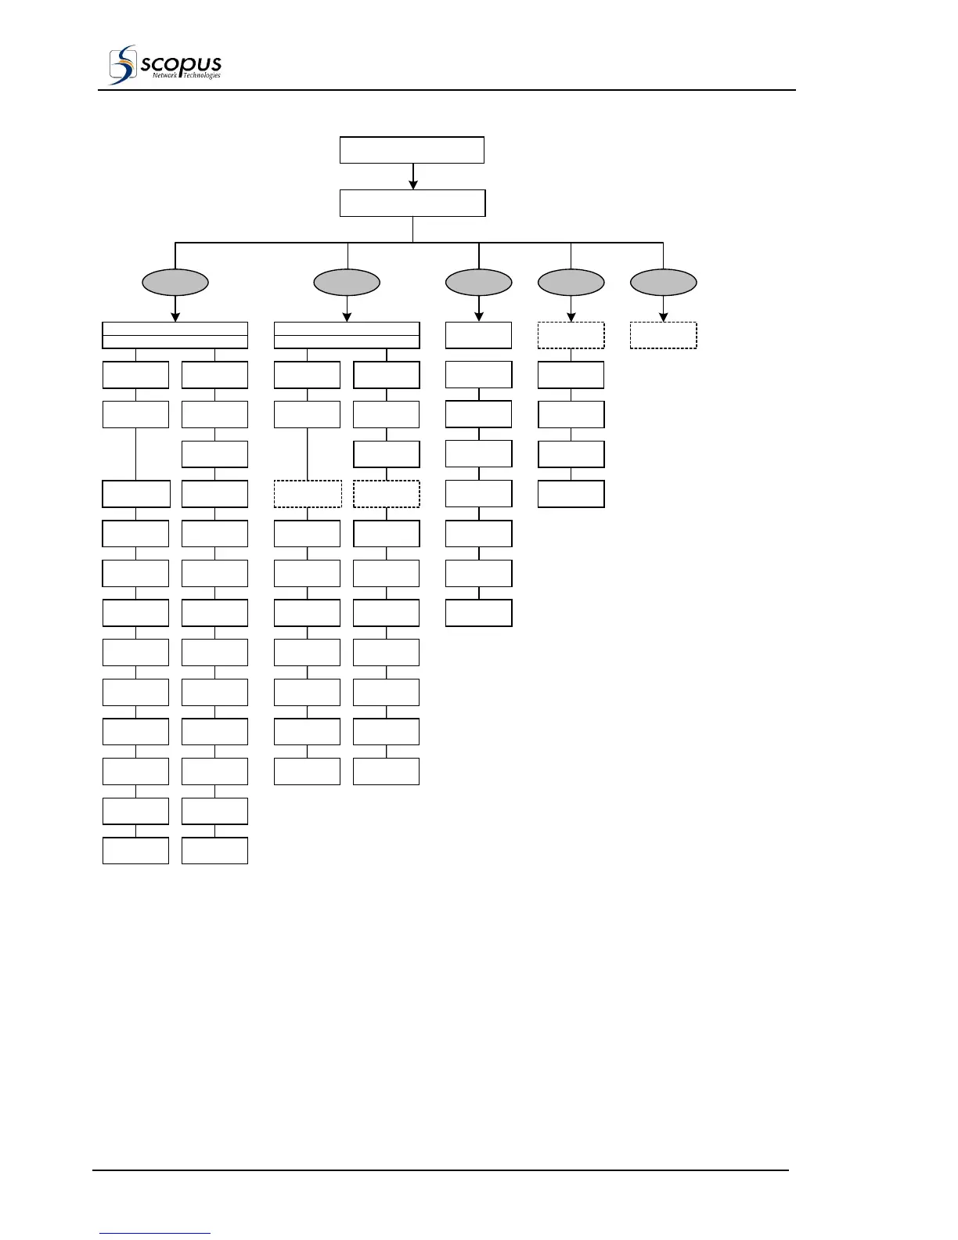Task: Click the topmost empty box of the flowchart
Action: pyautogui.click(x=412, y=150)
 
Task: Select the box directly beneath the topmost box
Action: pyautogui.click(x=412, y=203)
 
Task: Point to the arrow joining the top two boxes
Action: pyautogui.click(x=413, y=178)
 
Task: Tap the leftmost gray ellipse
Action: pyautogui.click(x=175, y=282)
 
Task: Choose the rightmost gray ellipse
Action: pyautogui.click(x=663, y=282)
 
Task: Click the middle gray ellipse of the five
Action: pyautogui.click(x=478, y=282)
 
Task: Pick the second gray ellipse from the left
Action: pyautogui.click(x=347, y=282)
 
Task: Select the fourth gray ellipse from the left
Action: pyautogui.click(x=571, y=282)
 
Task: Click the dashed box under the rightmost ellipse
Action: pyautogui.click(x=663, y=335)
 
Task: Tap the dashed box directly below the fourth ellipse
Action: pyautogui.click(x=571, y=335)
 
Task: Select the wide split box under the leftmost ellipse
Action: pyautogui.click(x=175, y=335)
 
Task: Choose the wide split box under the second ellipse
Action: pyautogui.click(x=347, y=335)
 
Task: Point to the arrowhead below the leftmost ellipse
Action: pyautogui.click(x=175, y=317)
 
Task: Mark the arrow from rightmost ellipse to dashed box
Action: pyautogui.click(x=664, y=310)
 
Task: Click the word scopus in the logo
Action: pyautogui.click(x=181, y=63)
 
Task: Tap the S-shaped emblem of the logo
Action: pyautogui.click(x=121, y=65)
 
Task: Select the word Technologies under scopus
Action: pyautogui.click(x=202, y=76)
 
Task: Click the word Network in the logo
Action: pyautogui.click(x=165, y=76)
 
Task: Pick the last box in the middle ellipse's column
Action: pyautogui.click(x=478, y=613)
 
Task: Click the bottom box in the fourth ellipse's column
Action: pyautogui.click(x=571, y=494)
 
